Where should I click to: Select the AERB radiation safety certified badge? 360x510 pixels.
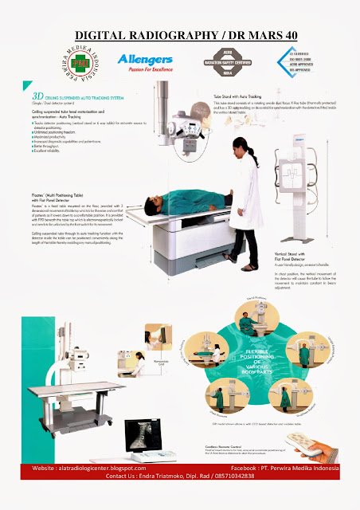224,63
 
